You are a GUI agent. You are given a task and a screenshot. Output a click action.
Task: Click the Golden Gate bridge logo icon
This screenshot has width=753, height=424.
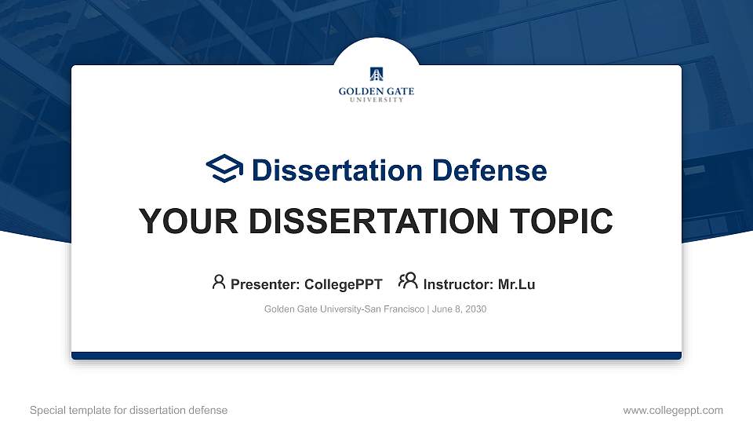(x=376, y=75)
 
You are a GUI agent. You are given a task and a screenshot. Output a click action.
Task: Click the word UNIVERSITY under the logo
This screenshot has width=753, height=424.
(x=376, y=101)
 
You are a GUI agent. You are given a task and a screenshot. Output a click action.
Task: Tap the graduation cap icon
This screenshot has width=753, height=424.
(x=225, y=169)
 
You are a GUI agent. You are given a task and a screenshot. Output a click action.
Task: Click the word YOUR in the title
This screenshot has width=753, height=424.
(x=180, y=221)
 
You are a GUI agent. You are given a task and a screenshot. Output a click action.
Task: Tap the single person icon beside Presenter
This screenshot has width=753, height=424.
(x=219, y=282)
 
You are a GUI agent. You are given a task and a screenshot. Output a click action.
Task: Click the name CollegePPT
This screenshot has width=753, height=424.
(x=343, y=284)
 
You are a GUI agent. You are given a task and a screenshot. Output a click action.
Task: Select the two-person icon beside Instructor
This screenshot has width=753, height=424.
(x=408, y=282)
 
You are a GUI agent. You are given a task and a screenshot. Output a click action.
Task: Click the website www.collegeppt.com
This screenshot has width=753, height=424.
(x=673, y=410)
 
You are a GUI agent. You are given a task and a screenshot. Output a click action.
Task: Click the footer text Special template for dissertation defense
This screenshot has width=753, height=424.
(x=129, y=410)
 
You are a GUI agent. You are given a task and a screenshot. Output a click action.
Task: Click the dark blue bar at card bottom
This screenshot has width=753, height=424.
(x=376, y=356)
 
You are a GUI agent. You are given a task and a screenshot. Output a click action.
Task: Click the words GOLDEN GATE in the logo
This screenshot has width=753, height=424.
(x=376, y=92)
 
